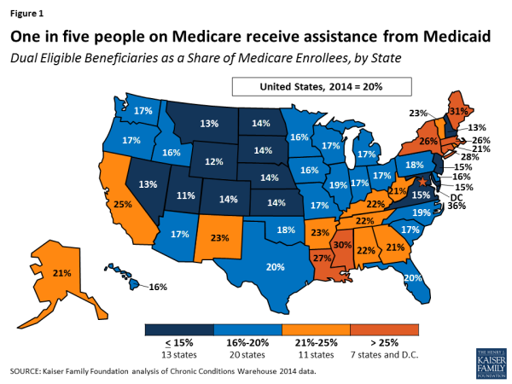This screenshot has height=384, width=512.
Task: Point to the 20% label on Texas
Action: (x=275, y=267)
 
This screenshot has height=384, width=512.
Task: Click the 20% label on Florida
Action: (x=413, y=278)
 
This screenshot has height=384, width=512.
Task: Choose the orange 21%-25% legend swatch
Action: (x=317, y=329)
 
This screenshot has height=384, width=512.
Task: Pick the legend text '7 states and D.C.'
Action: (x=386, y=352)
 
